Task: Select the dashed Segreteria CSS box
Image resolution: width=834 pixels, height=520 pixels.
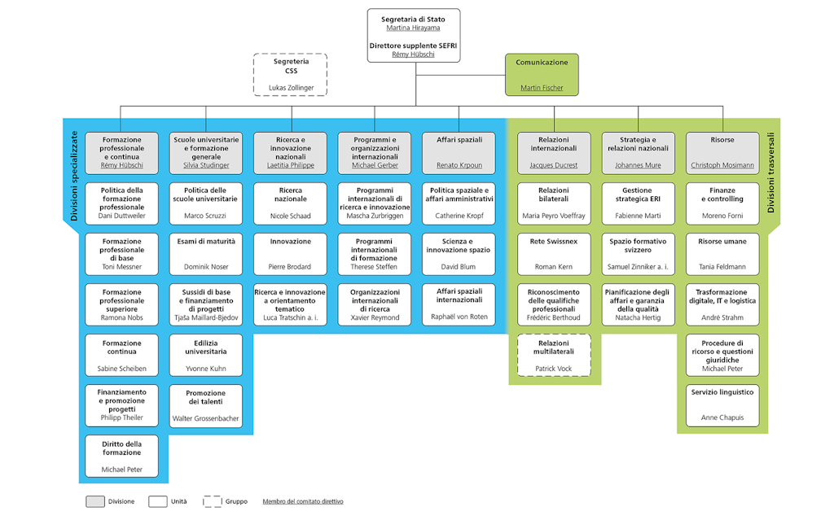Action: point(291,74)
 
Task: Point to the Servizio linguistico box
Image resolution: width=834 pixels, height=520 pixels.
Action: point(722,405)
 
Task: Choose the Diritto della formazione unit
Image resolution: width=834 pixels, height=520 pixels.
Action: point(122,456)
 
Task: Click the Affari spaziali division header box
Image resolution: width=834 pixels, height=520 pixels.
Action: point(459,152)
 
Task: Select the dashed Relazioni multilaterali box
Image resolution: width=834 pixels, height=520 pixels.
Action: point(553,355)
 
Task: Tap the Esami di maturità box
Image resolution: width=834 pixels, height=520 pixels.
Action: point(206,254)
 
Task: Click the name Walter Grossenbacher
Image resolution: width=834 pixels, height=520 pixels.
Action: point(206,418)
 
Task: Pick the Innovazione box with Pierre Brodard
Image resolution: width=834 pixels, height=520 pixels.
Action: point(291,254)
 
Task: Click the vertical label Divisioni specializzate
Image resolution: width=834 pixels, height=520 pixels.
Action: point(73,177)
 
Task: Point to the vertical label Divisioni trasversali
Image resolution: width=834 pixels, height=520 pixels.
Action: point(770,173)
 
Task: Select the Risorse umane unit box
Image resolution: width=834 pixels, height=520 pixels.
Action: point(722,254)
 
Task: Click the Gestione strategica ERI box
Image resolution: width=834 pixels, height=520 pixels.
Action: point(638,203)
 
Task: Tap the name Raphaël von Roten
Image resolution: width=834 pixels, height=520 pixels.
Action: point(459,317)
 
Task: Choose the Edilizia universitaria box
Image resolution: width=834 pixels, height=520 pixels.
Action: point(206,355)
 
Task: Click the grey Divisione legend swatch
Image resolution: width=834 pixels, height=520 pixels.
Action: point(95,501)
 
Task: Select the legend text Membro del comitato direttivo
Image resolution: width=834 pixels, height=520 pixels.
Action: point(303,501)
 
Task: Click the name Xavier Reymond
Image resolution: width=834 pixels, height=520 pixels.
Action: point(375,317)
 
